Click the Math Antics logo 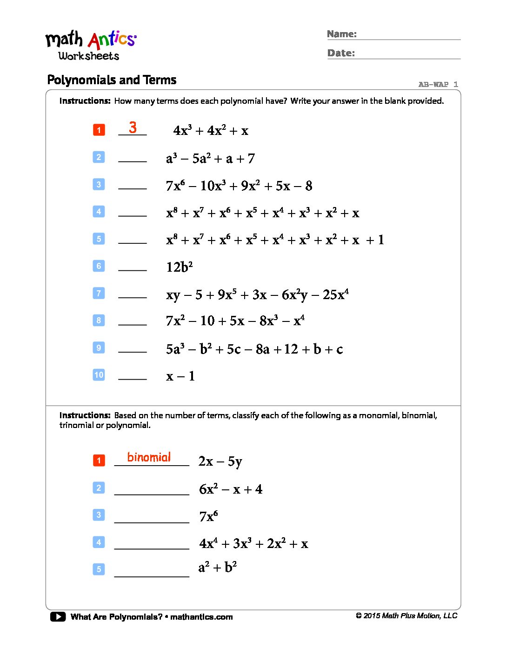[x=91, y=46]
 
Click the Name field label [x=342, y=34]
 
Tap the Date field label [x=341, y=53]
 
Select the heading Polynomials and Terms [x=112, y=80]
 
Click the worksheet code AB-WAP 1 [x=438, y=84]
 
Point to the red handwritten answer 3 [x=133, y=127]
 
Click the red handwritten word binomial [x=149, y=457]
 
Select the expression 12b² [x=179, y=267]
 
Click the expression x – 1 [x=180, y=376]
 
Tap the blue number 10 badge [x=99, y=375]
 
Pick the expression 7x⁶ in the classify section [x=208, y=516]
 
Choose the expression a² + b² [x=218, y=568]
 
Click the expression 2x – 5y [x=220, y=461]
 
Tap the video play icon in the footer [x=58, y=617]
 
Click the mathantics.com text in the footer [x=201, y=617]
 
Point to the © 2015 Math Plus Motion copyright [x=406, y=616]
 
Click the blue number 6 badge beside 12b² [x=99, y=266]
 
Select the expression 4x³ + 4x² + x [x=211, y=131]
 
